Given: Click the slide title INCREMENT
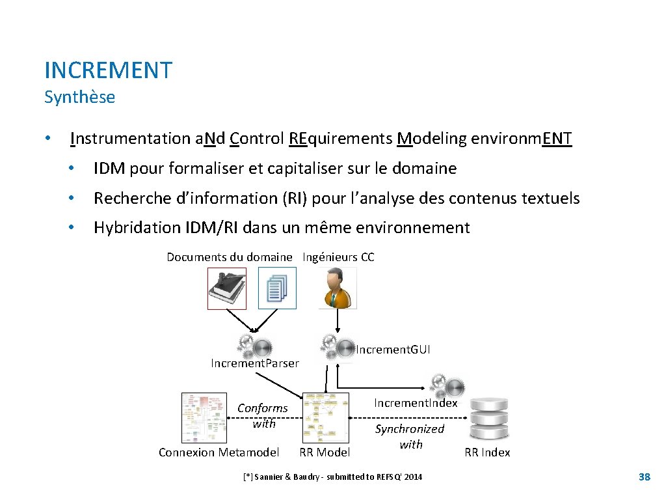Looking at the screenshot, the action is point(108,70).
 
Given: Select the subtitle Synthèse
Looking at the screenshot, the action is point(79,98).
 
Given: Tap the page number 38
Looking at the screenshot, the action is point(644,477).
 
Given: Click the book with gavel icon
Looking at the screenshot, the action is point(227,288).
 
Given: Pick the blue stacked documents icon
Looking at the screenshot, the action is point(277,288).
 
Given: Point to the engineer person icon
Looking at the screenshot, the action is point(337,288).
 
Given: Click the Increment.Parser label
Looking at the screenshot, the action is point(255,363).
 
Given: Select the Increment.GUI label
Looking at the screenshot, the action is point(393,350).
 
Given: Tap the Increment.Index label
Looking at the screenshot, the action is point(416,403).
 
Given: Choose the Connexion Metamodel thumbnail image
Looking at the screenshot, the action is point(204,417).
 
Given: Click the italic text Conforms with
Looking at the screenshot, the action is point(263,415).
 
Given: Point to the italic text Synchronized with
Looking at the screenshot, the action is point(410,436).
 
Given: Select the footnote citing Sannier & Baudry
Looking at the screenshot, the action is point(332,477).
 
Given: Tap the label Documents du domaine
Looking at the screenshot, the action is point(229,257).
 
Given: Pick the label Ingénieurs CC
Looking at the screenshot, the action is point(338,257).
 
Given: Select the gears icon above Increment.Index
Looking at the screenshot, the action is point(446,384).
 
